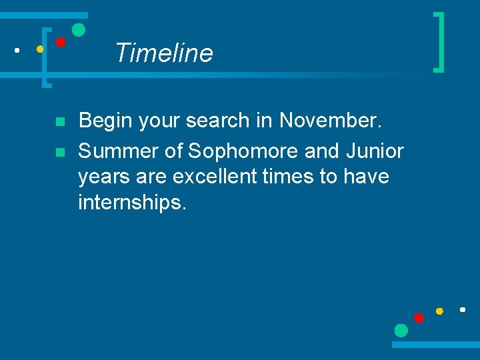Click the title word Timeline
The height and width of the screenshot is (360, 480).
click(164, 53)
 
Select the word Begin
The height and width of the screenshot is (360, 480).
click(103, 121)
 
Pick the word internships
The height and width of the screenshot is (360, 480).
click(132, 203)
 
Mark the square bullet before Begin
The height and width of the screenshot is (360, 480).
click(59, 122)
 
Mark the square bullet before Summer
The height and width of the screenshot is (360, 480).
click(59, 153)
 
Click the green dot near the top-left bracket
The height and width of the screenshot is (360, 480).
click(79, 29)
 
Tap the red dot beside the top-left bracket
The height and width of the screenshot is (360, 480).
click(60, 42)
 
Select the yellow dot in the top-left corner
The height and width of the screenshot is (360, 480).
click(40, 49)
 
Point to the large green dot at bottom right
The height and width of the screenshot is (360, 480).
click(401, 330)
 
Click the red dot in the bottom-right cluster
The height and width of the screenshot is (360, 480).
click(419, 317)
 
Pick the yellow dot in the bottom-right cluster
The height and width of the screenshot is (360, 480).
click(439, 311)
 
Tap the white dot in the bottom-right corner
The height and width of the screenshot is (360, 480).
click(462, 309)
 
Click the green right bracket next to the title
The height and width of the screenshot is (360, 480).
click(439, 41)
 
